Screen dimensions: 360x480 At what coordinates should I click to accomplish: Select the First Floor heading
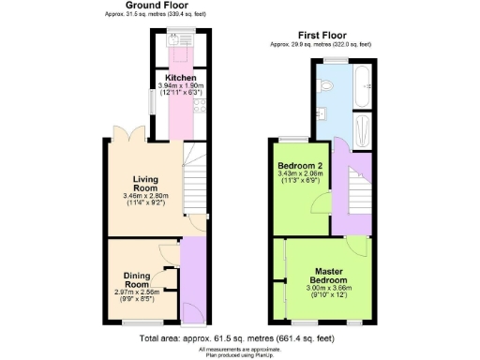tap(320, 35)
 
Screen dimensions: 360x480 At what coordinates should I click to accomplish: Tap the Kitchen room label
tap(180, 78)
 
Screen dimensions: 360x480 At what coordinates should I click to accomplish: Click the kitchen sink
tap(175, 40)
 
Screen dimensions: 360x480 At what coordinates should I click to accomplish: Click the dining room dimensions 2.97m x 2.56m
tap(137, 294)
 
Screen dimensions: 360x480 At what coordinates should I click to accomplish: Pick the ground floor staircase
tap(193, 178)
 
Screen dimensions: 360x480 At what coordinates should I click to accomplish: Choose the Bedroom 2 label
tap(301, 165)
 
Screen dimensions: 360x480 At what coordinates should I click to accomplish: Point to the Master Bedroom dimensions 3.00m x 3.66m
tap(329, 292)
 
